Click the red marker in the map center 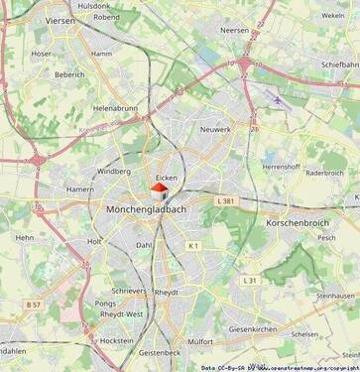159,188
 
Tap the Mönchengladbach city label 145,210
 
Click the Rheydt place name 167,293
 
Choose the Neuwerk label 215,130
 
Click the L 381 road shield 225,200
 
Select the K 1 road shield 193,245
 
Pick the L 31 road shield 251,281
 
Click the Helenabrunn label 115,108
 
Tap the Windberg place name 113,171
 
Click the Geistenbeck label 160,352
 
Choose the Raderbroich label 324,172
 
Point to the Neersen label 235,31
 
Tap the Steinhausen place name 335,296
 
